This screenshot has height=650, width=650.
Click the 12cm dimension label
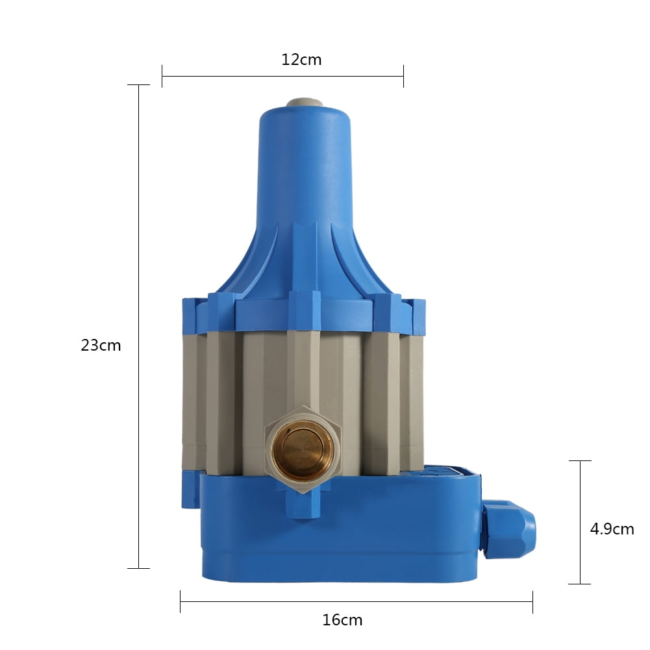coord(301,60)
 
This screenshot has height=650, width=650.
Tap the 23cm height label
coord(101,345)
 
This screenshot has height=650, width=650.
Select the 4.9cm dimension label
coord(612,529)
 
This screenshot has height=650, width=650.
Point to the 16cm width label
coord(342,620)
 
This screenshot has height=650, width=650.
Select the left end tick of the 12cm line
coord(162,76)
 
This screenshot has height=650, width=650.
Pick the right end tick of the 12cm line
coord(403,76)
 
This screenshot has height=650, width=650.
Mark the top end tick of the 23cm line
coord(138,85)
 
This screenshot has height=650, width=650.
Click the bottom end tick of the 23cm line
coord(138,569)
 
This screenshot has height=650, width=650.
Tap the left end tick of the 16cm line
coord(180,602)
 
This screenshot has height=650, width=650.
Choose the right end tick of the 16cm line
coord(532,602)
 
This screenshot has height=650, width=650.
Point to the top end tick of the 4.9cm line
coord(580,461)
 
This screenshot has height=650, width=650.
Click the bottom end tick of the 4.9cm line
coord(580,584)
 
